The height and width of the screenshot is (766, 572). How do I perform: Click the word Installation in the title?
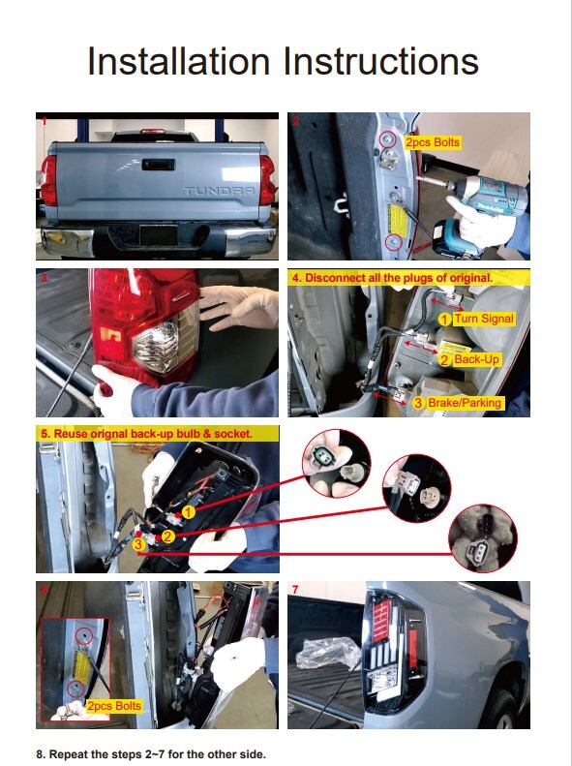[x=179, y=61]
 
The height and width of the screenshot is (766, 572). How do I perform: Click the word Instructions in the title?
[x=381, y=61]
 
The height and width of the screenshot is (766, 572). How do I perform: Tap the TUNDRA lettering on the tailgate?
[x=219, y=191]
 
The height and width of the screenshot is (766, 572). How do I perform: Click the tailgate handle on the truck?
[x=159, y=165]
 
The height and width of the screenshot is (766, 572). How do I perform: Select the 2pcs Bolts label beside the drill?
[x=433, y=142]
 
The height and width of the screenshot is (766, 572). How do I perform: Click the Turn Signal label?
[x=484, y=319]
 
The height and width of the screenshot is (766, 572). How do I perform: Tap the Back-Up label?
[x=476, y=359]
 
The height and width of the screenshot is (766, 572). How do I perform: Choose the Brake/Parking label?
[x=465, y=403]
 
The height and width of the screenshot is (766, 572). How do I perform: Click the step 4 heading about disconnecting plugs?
[x=392, y=278]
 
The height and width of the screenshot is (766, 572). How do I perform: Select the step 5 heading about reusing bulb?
[x=146, y=433]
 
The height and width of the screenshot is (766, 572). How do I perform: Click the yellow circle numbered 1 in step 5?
[x=189, y=512]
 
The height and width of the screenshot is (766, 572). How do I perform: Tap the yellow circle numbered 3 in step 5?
[x=138, y=544]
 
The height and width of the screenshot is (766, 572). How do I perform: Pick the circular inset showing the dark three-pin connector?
[x=483, y=537]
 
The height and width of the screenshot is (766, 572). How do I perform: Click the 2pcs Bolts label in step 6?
[x=114, y=706]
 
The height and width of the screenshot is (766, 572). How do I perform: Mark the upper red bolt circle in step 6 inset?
[x=84, y=635]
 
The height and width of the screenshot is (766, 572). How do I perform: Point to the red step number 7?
[x=295, y=590]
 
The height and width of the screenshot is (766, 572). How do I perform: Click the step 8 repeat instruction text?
[x=151, y=753]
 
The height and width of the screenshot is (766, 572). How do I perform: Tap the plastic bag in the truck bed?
[x=330, y=653]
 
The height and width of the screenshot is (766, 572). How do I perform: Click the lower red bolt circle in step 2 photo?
[x=393, y=242]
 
